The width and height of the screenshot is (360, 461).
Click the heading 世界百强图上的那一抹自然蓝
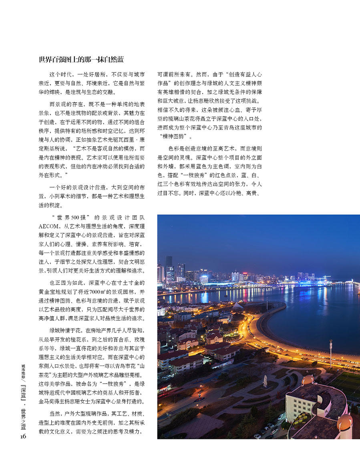tap(81, 60)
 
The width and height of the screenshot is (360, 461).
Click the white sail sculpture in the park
tap(265, 381)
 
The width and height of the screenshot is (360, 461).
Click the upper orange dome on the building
tap(308, 380)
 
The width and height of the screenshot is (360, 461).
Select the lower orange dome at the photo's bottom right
tap(344, 422)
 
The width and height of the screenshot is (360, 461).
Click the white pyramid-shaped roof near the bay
tap(238, 306)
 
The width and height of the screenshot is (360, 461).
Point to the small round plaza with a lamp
tap(199, 399)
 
